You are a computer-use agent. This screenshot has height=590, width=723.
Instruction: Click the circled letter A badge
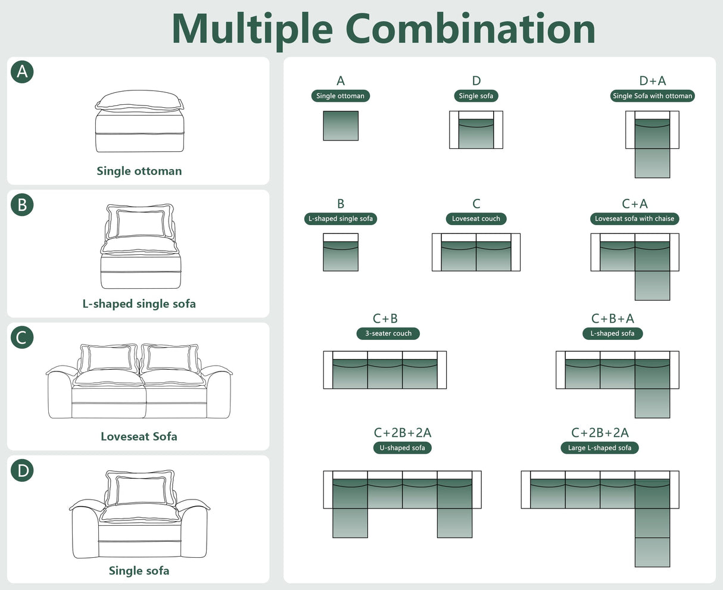pyautogui.click(x=22, y=72)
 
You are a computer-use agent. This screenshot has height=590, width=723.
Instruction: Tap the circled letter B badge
pyautogui.click(x=22, y=205)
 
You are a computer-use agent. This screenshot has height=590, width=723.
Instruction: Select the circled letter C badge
pyautogui.click(x=22, y=338)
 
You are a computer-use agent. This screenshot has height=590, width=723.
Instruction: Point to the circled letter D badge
pyautogui.click(x=22, y=470)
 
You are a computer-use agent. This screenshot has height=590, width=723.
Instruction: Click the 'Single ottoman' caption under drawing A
pyautogui.click(x=139, y=171)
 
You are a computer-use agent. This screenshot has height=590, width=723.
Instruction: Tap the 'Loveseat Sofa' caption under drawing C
pyautogui.click(x=139, y=436)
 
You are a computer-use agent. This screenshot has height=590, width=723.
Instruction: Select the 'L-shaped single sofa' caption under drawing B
pyautogui.click(x=139, y=304)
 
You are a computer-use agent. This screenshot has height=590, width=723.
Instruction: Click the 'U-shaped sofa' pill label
pyautogui.click(x=402, y=448)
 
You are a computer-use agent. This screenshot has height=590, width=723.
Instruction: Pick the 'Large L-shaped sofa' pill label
pyautogui.click(x=600, y=448)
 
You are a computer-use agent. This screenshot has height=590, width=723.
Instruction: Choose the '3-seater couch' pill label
pyautogui.click(x=388, y=333)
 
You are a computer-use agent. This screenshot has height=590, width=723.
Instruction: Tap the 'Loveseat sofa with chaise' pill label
pyautogui.click(x=634, y=218)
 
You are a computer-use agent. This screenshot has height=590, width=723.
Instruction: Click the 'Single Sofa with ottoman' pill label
pyautogui.click(x=652, y=96)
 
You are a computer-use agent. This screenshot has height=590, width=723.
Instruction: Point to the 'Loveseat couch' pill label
pyautogui.click(x=476, y=218)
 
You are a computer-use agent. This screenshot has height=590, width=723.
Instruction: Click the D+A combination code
pyautogui.click(x=652, y=81)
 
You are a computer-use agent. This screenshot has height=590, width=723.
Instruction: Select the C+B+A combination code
pyautogui.click(x=613, y=319)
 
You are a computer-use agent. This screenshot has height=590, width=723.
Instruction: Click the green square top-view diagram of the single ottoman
pyautogui.click(x=341, y=126)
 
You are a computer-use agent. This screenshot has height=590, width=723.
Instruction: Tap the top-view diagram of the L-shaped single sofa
pyautogui.click(x=341, y=252)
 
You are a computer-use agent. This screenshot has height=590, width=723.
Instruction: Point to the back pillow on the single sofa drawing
pyautogui.click(x=140, y=488)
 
